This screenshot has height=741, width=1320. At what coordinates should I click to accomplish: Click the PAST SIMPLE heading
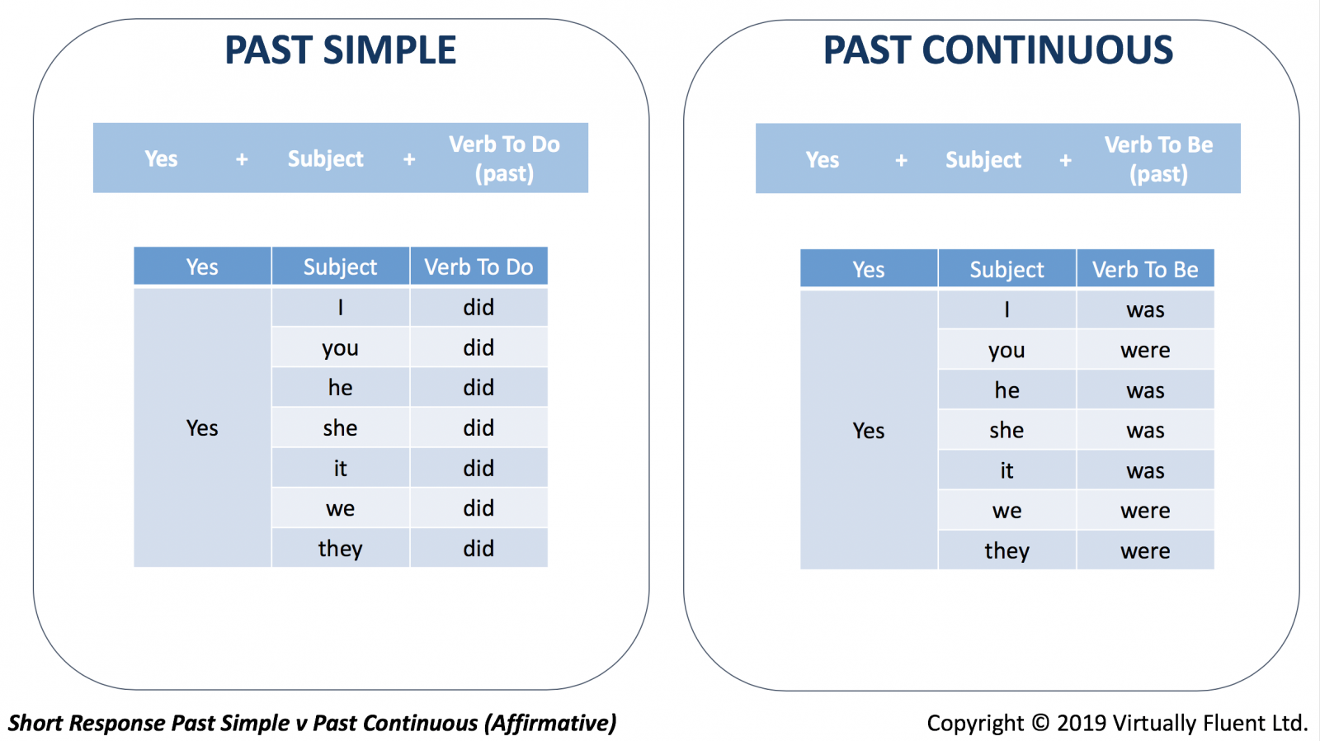pyautogui.click(x=341, y=50)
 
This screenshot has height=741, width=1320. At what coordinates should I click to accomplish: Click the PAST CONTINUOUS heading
pyautogui.click(x=997, y=50)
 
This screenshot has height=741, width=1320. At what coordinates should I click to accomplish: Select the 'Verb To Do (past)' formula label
pyautogui.click(x=504, y=158)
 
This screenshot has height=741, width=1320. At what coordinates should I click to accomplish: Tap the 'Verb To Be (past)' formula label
pyautogui.click(x=1158, y=159)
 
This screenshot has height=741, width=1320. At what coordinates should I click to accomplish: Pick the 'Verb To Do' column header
pyautogui.click(x=478, y=267)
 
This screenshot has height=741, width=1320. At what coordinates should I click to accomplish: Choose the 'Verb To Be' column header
pyautogui.click(x=1145, y=269)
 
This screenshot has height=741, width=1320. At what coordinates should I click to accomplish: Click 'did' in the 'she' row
pyautogui.click(x=478, y=428)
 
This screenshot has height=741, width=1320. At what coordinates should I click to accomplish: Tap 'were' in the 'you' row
pyautogui.click(x=1145, y=350)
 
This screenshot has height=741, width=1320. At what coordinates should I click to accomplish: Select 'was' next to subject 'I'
pyautogui.click(x=1145, y=310)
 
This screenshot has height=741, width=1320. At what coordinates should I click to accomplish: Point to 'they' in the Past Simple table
pyautogui.click(x=340, y=549)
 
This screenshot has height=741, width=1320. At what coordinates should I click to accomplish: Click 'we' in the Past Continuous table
pyautogui.click(x=1006, y=511)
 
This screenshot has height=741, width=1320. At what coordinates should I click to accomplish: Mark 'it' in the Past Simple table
pyautogui.click(x=340, y=468)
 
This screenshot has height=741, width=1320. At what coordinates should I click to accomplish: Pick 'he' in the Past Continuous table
pyautogui.click(x=1006, y=390)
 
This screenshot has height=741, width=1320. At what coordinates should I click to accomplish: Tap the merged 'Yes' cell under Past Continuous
pyautogui.click(x=869, y=431)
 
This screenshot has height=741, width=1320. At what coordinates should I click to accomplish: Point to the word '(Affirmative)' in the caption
pyautogui.click(x=550, y=724)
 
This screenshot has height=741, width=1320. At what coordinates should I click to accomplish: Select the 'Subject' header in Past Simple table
pyautogui.click(x=340, y=267)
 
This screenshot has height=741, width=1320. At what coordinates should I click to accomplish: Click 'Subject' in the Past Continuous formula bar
pyautogui.click(x=983, y=160)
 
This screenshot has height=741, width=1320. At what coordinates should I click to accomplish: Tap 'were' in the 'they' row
pyautogui.click(x=1145, y=550)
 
